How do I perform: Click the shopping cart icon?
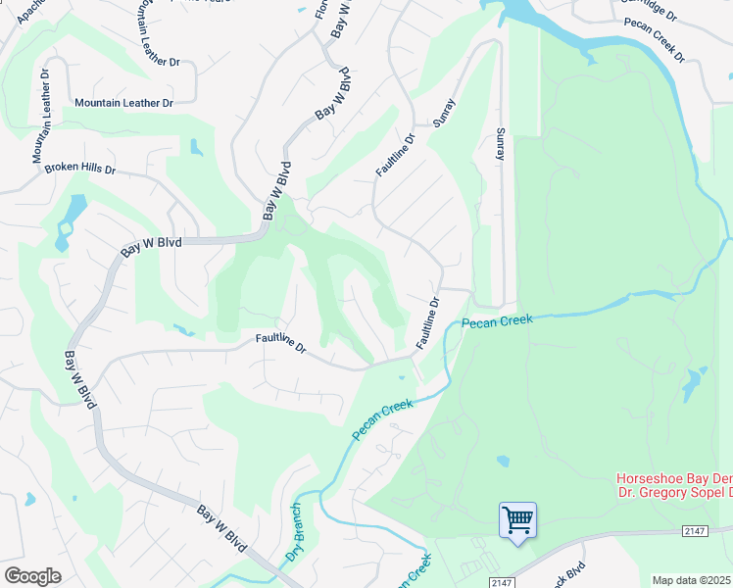[x=516, y=518]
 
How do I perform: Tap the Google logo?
[x=32, y=576]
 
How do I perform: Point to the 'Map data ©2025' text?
[x=692, y=580]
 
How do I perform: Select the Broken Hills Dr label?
[x=80, y=169]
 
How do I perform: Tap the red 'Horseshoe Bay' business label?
[x=673, y=479]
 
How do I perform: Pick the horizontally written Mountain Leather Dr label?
[x=123, y=103]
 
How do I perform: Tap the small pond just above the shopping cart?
[x=503, y=461]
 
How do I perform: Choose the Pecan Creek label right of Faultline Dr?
[x=496, y=321]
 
